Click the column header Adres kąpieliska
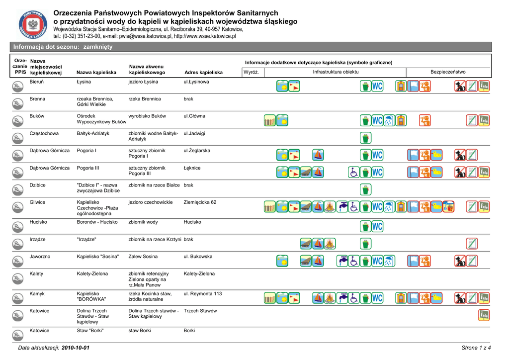203,73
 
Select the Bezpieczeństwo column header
448,72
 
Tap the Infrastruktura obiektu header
336,72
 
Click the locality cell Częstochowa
44,134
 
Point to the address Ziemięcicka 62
200,202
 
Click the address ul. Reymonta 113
203,294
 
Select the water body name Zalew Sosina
143,257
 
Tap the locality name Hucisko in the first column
38,222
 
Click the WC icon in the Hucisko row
377,227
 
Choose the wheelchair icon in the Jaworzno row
354,261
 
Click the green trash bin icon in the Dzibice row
366,189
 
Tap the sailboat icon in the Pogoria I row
318,155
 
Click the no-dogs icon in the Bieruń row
460,87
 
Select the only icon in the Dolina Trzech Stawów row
484,315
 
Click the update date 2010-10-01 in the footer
76,348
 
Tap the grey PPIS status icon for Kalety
16,278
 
